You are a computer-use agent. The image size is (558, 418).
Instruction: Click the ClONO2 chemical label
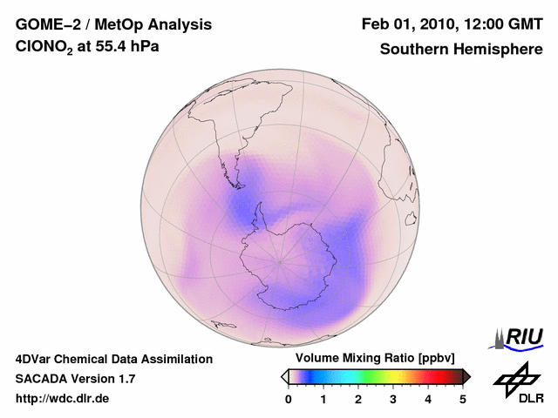[x=43, y=50]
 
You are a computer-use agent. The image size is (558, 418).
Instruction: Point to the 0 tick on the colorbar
[x=289, y=399]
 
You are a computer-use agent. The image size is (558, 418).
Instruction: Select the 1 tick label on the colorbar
[x=323, y=399]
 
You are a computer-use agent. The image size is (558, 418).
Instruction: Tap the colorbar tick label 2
[x=358, y=399]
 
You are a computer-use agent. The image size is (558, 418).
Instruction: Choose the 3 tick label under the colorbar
[x=393, y=399]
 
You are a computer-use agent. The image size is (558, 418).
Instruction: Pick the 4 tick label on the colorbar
[x=428, y=399]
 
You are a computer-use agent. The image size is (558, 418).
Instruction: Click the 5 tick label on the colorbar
[x=463, y=399]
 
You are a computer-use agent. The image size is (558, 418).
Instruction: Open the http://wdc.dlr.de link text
[x=63, y=399]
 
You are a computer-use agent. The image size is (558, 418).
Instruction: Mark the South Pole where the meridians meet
[x=279, y=260]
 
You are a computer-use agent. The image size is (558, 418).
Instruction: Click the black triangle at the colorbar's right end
[x=466, y=376]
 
